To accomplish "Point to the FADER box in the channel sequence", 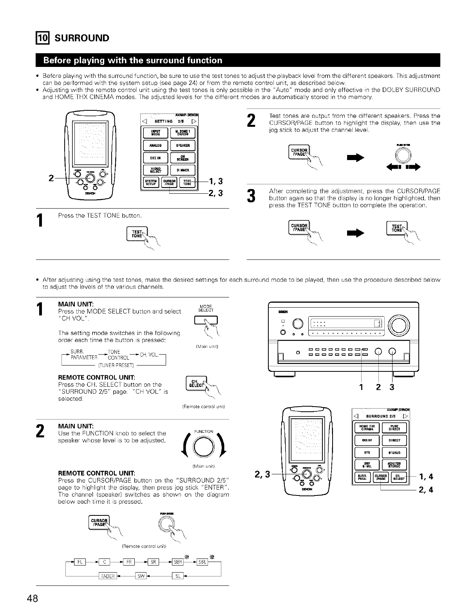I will pos(106,575).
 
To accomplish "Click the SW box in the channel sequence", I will pos(140,575).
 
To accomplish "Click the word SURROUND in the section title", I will pos(81,38).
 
